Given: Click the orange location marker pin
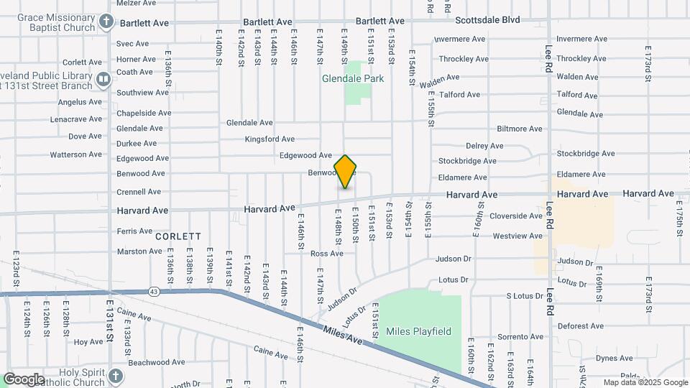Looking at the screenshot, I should pyautogui.click(x=346, y=172).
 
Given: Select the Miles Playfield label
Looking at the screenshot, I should pyautogui.click(x=418, y=331).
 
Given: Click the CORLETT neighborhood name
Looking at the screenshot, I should pyautogui.click(x=178, y=236).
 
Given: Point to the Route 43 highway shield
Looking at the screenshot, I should pyautogui.click(x=155, y=291).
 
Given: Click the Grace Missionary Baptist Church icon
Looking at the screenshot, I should pyautogui.click(x=106, y=21).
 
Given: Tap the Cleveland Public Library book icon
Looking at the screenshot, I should pyautogui.click(x=103, y=78).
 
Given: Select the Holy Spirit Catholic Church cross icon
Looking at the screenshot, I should pyautogui.click(x=116, y=376).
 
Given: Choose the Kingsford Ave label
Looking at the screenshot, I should pyautogui.click(x=270, y=139).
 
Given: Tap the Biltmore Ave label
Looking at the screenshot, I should pyautogui.click(x=519, y=129).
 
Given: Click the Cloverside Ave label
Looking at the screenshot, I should pyautogui.click(x=516, y=216).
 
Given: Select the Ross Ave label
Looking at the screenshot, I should pyautogui.click(x=326, y=254).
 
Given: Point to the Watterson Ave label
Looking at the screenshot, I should pyautogui.click(x=75, y=154).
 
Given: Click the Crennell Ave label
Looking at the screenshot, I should pyautogui.click(x=139, y=192).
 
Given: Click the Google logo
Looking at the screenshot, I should pyautogui.click(x=24, y=379).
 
